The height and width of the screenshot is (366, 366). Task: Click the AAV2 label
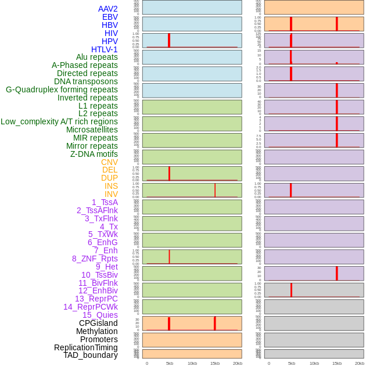[x=107, y=9]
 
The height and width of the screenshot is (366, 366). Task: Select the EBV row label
[x=110, y=17]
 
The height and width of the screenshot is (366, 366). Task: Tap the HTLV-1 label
[x=104, y=49]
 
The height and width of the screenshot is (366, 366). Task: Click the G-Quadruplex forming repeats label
[x=62, y=89]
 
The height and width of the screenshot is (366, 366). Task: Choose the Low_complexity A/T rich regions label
[x=59, y=121]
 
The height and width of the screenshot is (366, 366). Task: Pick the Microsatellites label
[x=92, y=130]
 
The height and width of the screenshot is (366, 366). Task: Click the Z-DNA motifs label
[x=94, y=154]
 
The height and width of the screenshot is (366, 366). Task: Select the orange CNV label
[x=109, y=162]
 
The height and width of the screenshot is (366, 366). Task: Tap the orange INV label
[x=111, y=194]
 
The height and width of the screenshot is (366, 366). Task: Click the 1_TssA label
[x=105, y=202]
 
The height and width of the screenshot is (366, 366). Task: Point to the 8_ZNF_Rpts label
[x=95, y=259]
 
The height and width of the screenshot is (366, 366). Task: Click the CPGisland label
[x=98, y=323]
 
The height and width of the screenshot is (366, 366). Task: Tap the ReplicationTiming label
[x=85, y=347]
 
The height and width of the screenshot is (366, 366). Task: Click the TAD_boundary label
[x=90, y=355]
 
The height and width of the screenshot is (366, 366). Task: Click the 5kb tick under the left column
[x=170, y=363]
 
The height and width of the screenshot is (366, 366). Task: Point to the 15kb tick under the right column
[x=337, y=363]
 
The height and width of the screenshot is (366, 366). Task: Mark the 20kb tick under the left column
[x=237, y=363]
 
